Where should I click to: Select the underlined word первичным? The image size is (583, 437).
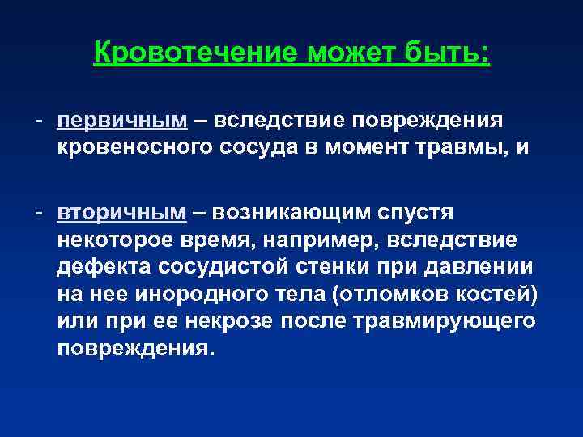point(121,120)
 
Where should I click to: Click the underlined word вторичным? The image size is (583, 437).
point(121,212)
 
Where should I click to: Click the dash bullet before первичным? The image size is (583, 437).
point(38,120)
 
